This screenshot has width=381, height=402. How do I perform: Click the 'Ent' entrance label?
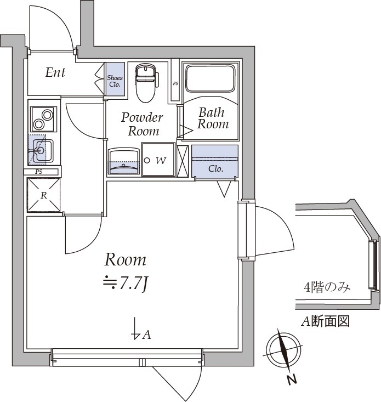pos(55,72)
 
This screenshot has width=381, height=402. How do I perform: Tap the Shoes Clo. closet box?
pos(115,81)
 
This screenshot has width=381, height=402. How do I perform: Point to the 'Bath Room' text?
pos(212,118)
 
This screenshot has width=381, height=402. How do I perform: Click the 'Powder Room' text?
pos(143,124)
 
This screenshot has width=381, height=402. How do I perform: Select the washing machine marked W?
pos(158,160)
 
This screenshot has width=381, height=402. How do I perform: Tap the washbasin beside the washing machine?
pos(123,161)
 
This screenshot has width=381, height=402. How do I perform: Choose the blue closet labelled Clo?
pos(215,162)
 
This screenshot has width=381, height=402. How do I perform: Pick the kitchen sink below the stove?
pos(41,150)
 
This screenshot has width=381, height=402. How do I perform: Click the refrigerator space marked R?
pos(43,195)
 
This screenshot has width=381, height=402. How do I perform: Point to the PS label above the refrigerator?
pos(38,172)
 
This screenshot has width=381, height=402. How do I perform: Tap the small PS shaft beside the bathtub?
pos(175,83)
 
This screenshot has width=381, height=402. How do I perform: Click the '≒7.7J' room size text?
pos(126,283)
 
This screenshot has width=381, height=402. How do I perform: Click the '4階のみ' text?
pos(327,287)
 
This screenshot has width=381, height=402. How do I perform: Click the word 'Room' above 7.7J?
pos(126,259)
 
